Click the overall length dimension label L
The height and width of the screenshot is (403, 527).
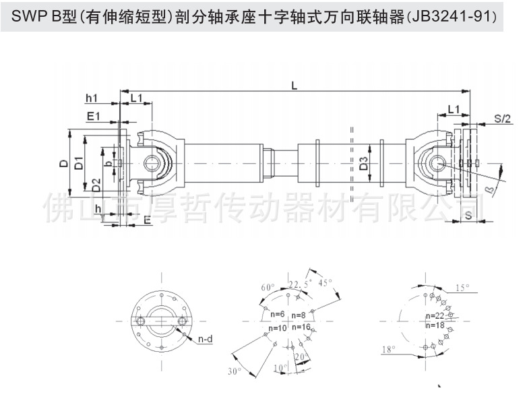[x=294, y=85]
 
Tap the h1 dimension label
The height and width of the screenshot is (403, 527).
[x=92, y=99]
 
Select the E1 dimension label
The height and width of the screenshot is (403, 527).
[x=94, y=116]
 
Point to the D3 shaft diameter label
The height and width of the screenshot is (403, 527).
[x=363, y=162]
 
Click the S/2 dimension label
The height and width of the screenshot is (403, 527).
[x=501, y=119]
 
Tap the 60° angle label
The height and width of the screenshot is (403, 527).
[x=268, y=287]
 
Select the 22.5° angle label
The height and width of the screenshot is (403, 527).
[x=297, y=282]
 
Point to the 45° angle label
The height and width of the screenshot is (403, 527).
[x=326, y=283]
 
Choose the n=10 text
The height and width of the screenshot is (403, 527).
[x=278, y=328]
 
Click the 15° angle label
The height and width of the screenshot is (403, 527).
[x=462, y=288]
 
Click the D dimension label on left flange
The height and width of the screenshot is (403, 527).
[x=61, y=163]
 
